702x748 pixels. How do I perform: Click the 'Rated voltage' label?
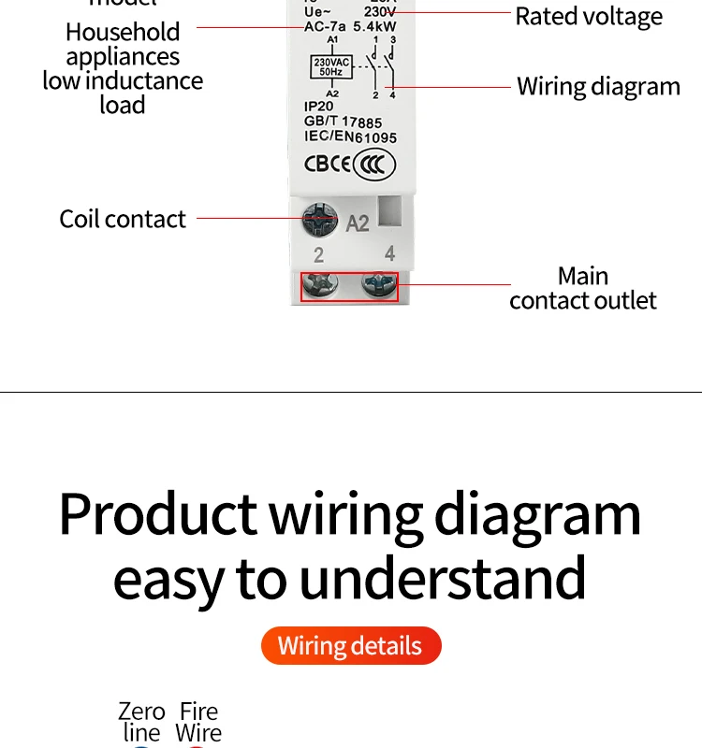point(589,16)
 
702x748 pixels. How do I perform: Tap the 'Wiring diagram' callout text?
point(598,87)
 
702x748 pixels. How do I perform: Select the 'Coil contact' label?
point(123,219)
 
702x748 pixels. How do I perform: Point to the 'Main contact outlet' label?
point(583,288)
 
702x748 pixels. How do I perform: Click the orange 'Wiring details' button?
point(350,646)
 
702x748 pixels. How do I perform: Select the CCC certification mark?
point(375,165)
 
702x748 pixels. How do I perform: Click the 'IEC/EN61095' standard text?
point(350,137)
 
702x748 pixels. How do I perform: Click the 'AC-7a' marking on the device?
point(325,26)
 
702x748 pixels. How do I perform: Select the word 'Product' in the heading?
point(157,513)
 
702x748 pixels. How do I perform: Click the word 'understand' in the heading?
point(443,577)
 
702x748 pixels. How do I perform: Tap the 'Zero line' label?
point(141,723)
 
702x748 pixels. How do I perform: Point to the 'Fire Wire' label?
point(198,723)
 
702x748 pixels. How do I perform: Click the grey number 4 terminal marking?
point(389,253)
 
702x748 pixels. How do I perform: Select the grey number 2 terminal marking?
point(319,255)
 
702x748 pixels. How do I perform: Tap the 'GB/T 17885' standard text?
point(343,122)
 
